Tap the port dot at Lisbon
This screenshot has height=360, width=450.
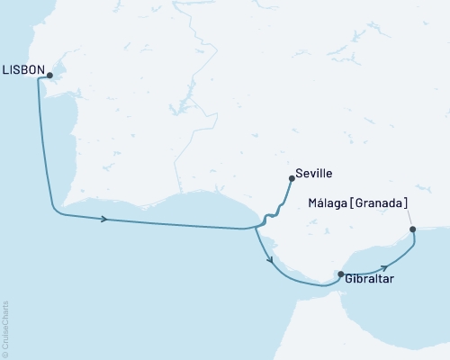pyautogui.click(x=49, y=76)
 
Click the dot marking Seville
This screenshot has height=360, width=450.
pyautogui.click(x=292, y=178)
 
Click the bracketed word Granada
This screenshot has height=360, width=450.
pyautogui.click(x=381, y=202)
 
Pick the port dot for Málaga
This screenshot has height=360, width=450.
pyautogui.click(x=413, y=229)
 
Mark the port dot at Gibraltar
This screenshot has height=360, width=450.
pyautogui.click(x=340, y=273)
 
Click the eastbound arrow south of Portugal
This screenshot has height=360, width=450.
pyautogui.click(x=106, y=219)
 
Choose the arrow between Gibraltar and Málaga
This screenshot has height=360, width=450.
pyautogui.click(x=385, y=266)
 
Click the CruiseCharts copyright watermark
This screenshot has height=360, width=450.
pyautogui.click(x=5, y=328)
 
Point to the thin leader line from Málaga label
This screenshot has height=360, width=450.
pyautogui.click(x=408, y=218)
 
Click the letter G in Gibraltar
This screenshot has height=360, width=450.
pyautogui.click(x=348, y=280)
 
